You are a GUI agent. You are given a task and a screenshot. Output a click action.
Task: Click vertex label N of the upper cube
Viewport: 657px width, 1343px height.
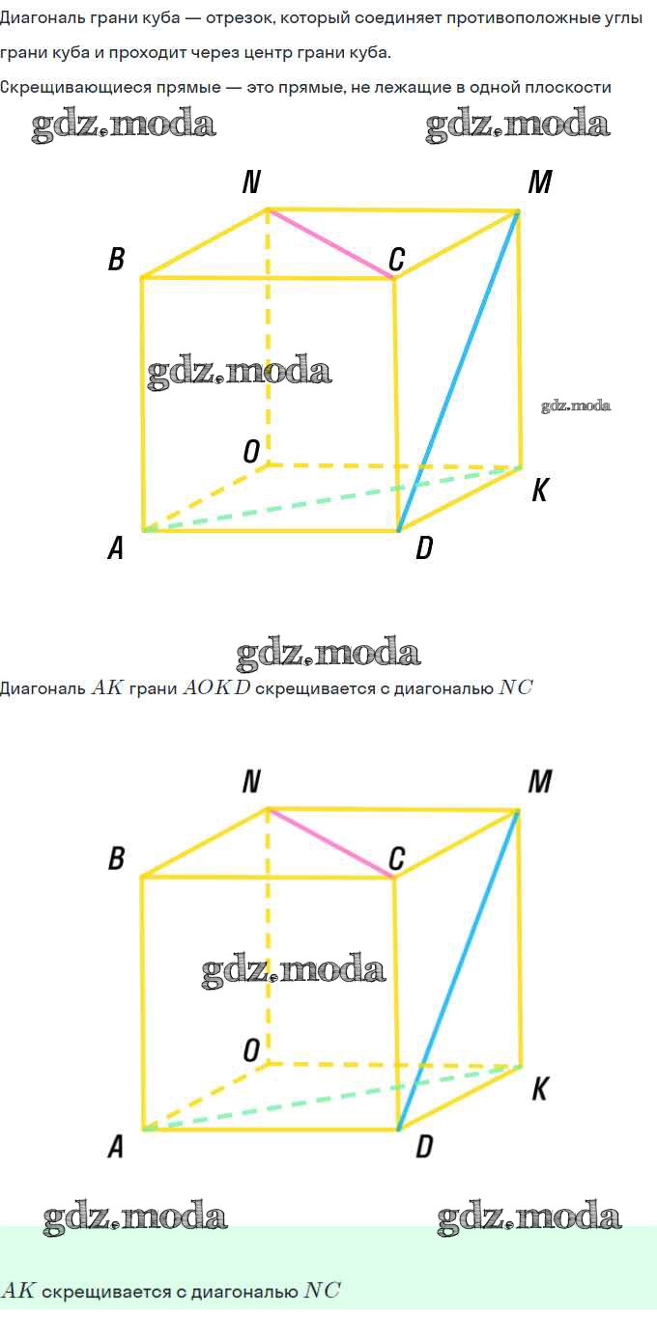tap(251, 182)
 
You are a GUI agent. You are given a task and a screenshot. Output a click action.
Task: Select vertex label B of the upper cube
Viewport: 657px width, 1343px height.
tap(117, 259)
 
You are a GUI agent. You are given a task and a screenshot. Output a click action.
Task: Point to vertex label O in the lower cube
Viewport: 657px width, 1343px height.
tap(251, 1050)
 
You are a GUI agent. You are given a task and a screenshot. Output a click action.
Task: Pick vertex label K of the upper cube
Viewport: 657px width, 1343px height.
tap(540, 491)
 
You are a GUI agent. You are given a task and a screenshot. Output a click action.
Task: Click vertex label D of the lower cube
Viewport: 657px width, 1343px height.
tap(423, 1148)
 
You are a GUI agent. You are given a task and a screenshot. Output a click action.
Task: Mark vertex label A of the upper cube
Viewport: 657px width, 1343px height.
tap(116, 548)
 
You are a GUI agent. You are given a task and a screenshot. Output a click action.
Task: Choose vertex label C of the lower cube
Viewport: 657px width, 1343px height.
tap(396, 858)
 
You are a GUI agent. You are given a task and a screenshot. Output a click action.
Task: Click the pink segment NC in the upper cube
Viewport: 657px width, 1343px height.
tap(329, 243)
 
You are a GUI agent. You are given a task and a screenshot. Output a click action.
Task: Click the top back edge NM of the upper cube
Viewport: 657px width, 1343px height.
tap(391, 210)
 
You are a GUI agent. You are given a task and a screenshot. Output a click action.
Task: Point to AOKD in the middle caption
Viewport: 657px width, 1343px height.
tap(215, 688)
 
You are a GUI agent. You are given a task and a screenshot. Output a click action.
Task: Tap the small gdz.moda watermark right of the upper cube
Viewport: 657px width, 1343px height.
tap(576, 406)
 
